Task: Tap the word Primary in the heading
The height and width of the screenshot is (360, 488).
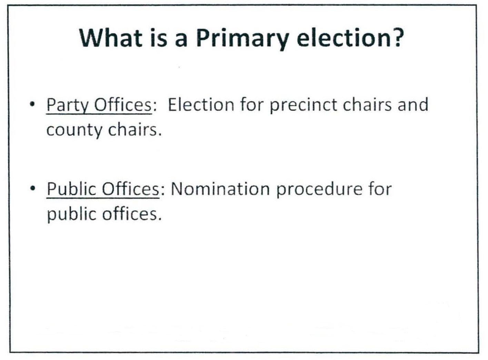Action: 242,39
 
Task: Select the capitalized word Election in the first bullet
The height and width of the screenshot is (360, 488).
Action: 201,104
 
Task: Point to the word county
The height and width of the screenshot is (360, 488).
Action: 74,131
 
